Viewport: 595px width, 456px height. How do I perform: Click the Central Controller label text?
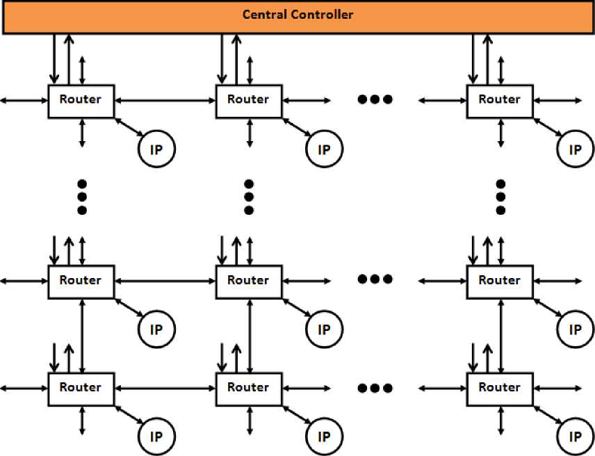pyautogui.click(x=297, y=14)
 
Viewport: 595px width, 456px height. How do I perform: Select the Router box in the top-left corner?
pyautogui.click(x=81, y=100)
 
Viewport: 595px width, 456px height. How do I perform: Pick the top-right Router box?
pyautogui.click(x=499, y=100)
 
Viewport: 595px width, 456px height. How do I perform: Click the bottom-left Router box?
pyautogui.click(x=81, y=388)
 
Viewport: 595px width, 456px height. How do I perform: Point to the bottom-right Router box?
pyautogui.click(x=499, y=388)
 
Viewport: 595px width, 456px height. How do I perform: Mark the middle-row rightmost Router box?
pyautogui.click(x=499, y=282)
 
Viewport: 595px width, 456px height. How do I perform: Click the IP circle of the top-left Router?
pyautogui.click(x=156, y=148)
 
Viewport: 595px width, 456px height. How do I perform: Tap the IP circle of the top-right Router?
pyautogui.click(x=575, y=148)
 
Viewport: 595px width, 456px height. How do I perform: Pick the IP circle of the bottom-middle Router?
pyautogui.click(x=324, y=436)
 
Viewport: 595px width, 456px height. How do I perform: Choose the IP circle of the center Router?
pyautogui.click(x=324, y=328)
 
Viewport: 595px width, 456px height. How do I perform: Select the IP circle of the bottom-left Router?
pyautogui.click(x=156, y=436)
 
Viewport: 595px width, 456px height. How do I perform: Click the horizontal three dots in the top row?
pyautogui.click(x=375, y=99)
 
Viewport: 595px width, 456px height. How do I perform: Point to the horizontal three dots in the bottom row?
pyautogui.click(x=375, y=386)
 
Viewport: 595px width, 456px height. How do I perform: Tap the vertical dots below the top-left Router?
pyautogui.click(x=81, y=197)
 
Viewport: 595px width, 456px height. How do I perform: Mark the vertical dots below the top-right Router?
pyautogui.click(x=500, y=197)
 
